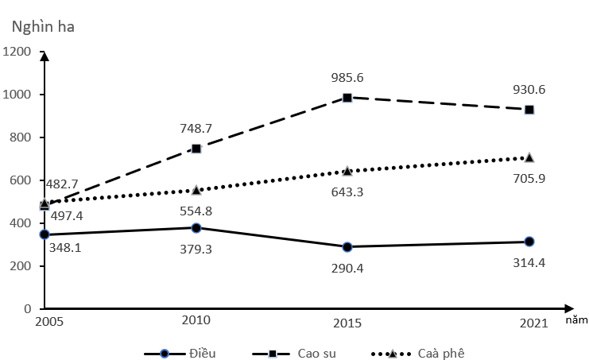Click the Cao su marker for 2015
pos(347,98)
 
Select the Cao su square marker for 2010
pos(196,149)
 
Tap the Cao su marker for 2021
pos(529,110)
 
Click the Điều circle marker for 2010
pos(196,227)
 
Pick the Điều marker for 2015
pos(347,246)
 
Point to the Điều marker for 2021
pos(529,242)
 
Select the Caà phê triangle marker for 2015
pos(347,171)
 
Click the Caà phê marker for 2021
pos(529,157)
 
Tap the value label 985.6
pos(347,78)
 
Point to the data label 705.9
pos(529,178)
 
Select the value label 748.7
pos(196,128)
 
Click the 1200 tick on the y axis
pos(17,52)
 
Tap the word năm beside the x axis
pos(577,321)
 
